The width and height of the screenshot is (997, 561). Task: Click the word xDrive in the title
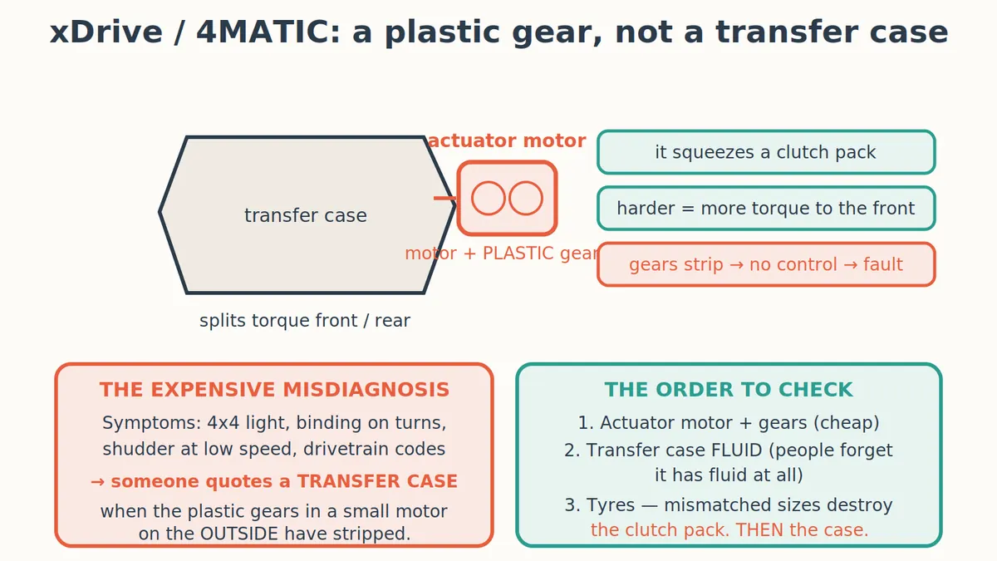tap(106, 32)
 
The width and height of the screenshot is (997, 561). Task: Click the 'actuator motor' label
tap(507, 140)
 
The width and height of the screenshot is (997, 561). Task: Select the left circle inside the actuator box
tap(489, 198)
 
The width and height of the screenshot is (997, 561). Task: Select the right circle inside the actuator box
tap(526, 198)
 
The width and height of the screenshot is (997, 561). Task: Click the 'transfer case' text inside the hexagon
tap(306, 215)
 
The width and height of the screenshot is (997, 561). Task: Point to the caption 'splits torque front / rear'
tap(305, 321)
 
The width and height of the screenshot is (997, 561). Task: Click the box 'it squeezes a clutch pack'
tap(766, 152)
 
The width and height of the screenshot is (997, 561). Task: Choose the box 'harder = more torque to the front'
tap(766, 209)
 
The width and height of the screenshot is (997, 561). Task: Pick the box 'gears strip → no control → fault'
tap(766, 264)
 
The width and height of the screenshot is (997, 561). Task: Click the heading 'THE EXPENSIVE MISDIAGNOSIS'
tap(274, 390)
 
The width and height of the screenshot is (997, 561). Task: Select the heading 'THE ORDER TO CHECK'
tap(729, 390)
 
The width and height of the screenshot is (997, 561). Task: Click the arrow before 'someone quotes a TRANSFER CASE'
tap(97, 482)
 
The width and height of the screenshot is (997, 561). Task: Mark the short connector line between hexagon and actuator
tap(445, 198)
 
